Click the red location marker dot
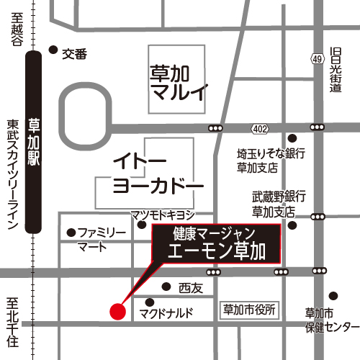(117, 311)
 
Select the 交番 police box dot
(53, 50)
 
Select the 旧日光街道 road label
(335, 69)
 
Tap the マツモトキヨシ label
(161, 215)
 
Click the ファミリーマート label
(101, 239)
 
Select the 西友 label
(189, 287)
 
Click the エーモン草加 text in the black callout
(217, 251)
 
